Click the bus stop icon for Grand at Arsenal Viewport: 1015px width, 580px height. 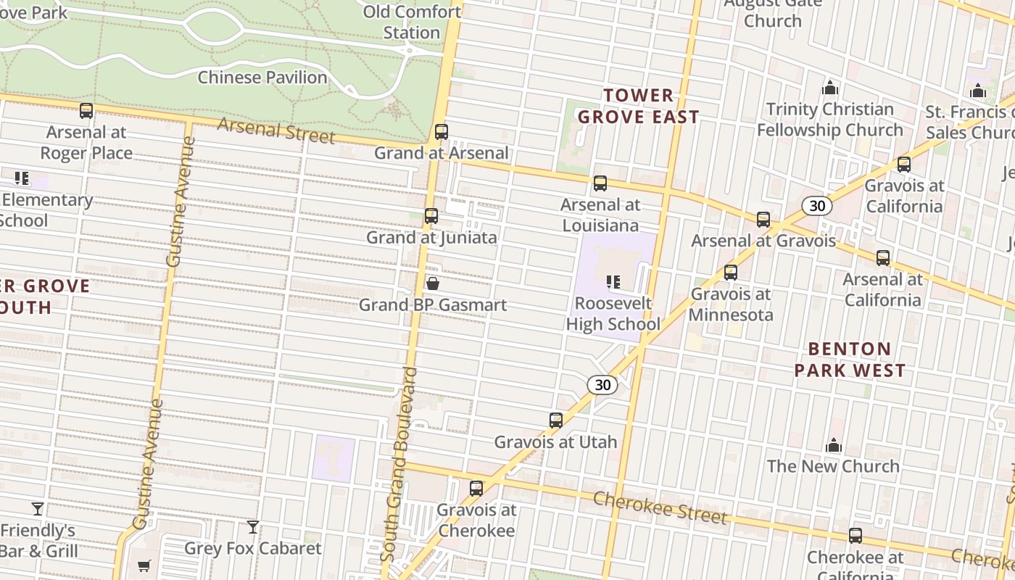(441, 132)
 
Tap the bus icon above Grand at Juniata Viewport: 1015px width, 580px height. (431, 216)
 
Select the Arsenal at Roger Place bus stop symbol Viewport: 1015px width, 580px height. (86, 111)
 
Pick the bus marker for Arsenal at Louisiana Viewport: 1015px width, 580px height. (600, 183)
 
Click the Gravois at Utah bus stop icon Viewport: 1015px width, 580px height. (556, 420)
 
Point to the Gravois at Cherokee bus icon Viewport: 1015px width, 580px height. (476, 489)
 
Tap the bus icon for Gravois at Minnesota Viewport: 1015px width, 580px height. (731, 273)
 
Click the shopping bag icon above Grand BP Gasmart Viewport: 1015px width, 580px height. (433, 283)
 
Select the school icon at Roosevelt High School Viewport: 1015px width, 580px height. (613, 281)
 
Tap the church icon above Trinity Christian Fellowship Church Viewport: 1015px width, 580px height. (830, 88)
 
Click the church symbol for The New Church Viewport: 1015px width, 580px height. (834, 445)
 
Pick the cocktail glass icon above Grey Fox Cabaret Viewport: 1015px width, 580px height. (252, 527)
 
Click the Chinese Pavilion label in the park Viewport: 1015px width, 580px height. (262, 77)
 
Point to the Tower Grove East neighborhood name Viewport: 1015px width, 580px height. (638, 106)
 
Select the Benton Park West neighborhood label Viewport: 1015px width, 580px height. (850, 360)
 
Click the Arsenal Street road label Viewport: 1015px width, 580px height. (276, 130)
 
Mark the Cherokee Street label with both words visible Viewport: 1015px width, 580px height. (660, 507)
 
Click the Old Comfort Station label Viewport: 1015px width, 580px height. (412, 22)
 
